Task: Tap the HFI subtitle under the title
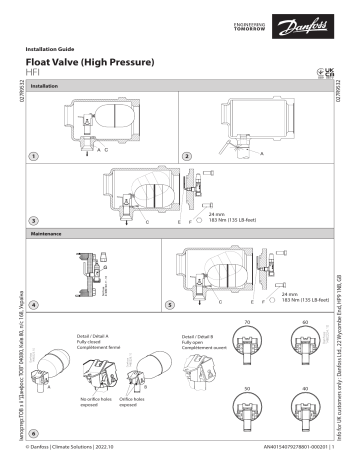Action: (32, 74)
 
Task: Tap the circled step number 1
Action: (34, 157)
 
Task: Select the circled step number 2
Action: (187, 157)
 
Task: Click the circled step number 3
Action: (34, 219)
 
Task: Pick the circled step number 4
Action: (34, 304)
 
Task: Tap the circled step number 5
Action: (170, 304)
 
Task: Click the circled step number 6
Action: (34, 434)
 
